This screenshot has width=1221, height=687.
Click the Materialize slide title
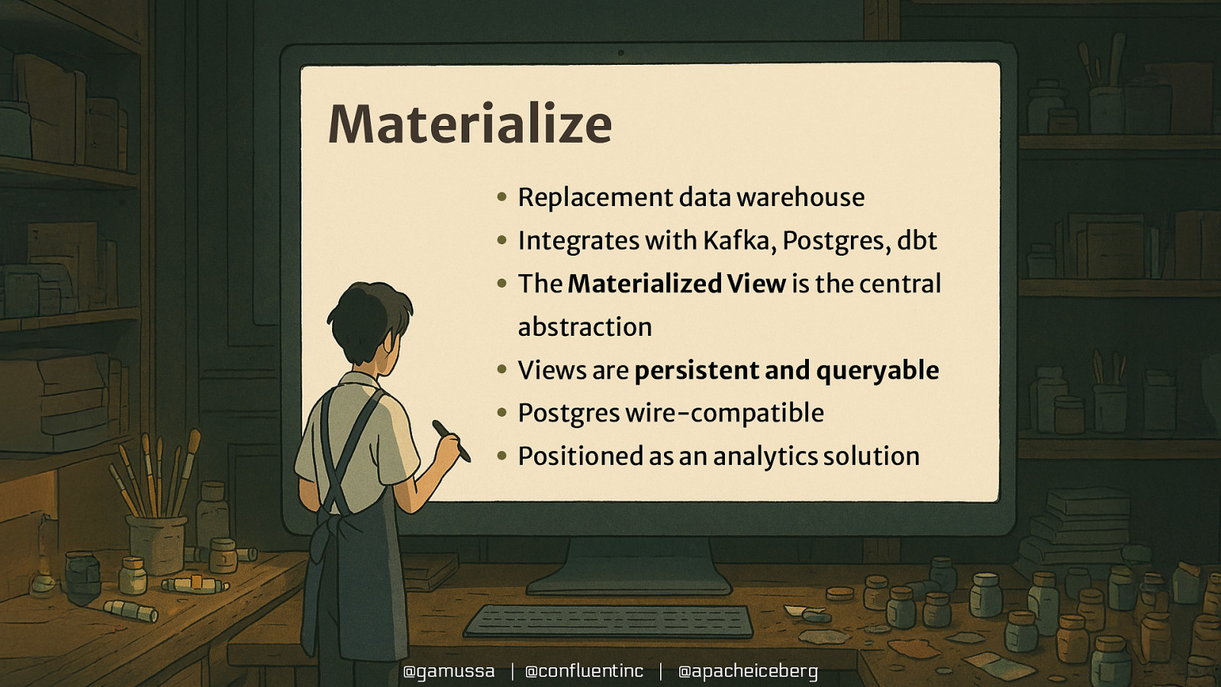(469, 124)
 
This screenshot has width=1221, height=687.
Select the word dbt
(917, 240)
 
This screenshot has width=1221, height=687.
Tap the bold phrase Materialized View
(676, 284)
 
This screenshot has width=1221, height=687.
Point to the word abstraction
(585, 327)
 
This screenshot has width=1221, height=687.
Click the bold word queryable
(877, 370)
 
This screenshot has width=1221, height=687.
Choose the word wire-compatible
(724, 413)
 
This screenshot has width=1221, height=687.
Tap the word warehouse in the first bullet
(801, 197)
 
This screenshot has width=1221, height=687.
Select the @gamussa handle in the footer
(449, 671)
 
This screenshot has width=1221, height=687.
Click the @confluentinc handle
(585, 671)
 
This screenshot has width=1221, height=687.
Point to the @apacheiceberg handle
(748, 671)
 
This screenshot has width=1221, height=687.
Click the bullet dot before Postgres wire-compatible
(501, 413)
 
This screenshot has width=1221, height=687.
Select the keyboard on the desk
(609, 621)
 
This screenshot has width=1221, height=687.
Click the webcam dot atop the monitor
(620, 53)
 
